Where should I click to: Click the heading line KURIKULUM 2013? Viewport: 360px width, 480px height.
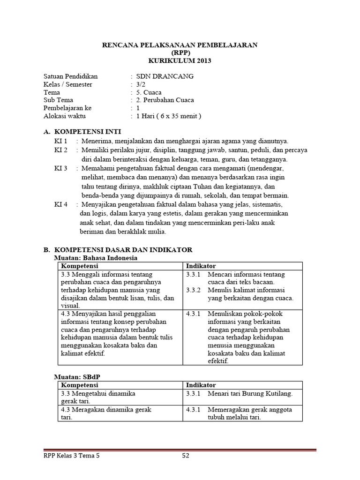point(180,61)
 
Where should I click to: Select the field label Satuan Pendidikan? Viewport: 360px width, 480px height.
point(71,76)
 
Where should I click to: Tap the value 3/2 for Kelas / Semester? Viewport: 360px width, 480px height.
point(141,84)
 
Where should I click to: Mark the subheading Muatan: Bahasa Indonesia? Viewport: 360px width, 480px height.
point(97,258)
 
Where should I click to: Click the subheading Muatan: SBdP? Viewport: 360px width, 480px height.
point(76,376)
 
